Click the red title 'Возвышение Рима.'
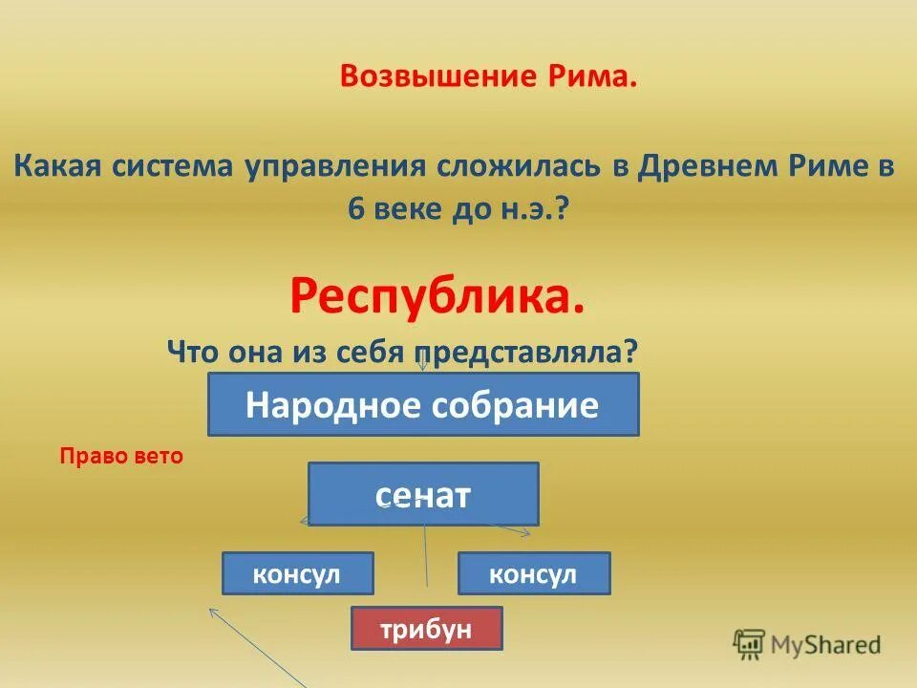488,77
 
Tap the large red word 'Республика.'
437,298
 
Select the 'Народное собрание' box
423,405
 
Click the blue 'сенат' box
423,494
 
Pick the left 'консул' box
297,573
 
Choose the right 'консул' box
533,573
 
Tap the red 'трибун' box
426,630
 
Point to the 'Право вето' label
120,457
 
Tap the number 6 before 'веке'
356,210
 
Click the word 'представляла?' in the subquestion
544,352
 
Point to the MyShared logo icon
748,644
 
